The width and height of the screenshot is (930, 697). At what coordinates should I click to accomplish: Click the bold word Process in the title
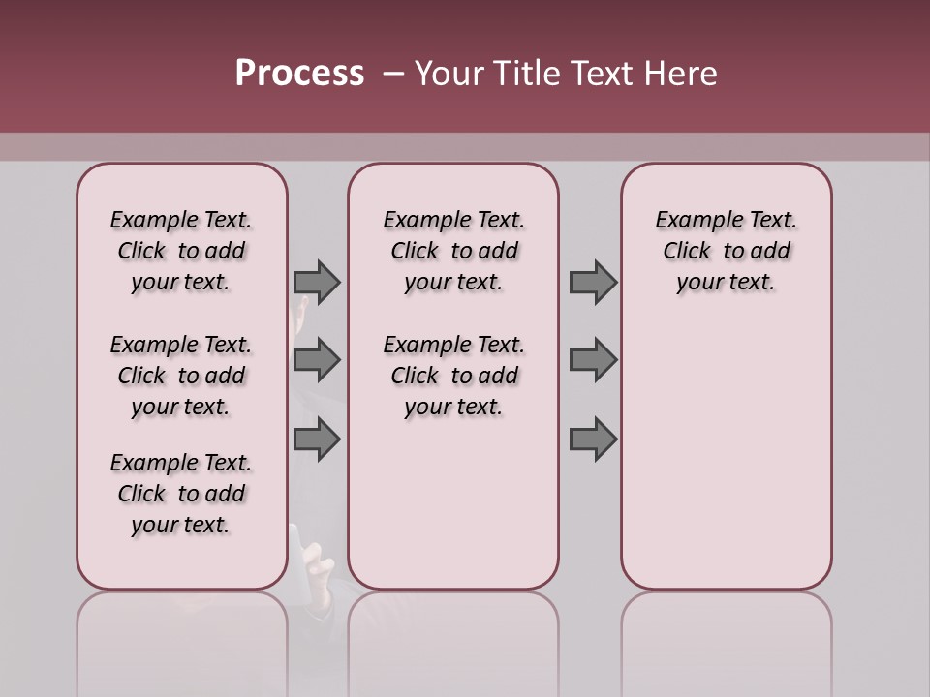pyautogui.click(x=299, y=74)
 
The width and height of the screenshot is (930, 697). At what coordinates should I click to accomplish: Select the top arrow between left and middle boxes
pyautogui.click(x=317, y=282)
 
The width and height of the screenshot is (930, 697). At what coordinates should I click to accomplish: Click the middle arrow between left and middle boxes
pyautogui.click(x=317, y=360)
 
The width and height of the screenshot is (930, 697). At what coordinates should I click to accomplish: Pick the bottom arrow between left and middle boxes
pyautogui.click(x=317, y=439)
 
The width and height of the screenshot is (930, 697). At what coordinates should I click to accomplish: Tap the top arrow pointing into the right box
pyautogui.click(x=593, y=282)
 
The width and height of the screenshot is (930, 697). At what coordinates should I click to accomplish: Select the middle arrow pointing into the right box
pyautogui.click(x=593, y=360)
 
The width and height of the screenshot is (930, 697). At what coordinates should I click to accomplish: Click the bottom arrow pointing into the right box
pyautogui.click(x=593, y=439)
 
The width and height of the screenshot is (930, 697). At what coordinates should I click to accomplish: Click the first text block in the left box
pyautogui.click(x=181, y=251)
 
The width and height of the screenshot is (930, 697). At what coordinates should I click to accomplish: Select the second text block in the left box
pyautogui.click(x=181, y=376)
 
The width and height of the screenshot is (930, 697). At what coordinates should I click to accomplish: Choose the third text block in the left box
pyautogui.click(x=181, y=494)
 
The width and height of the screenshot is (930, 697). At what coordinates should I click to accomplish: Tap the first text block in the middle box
pyautogui.click(x=453, y=251)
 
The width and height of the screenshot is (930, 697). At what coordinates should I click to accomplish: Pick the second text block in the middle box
pyautogui.click(x=453, y=376)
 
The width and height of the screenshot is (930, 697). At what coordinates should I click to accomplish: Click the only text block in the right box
pyautogui.click(x=726, y=251)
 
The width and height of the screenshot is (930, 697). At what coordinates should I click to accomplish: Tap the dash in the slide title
pyautogui.click(x=393, y=74)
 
